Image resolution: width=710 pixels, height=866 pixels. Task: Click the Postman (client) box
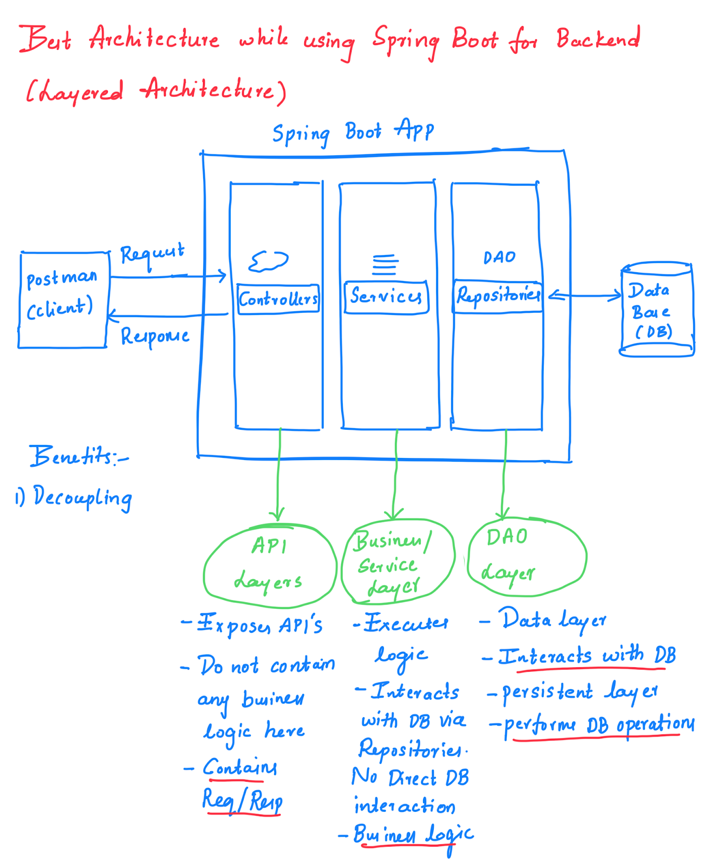63,299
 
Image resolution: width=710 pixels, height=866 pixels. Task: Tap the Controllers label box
278,299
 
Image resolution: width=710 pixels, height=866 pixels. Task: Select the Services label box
386,297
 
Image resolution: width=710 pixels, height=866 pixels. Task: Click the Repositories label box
498,296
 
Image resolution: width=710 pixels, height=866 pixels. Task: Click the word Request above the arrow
152,253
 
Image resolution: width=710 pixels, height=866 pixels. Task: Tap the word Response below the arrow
155,337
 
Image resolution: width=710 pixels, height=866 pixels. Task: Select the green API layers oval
270,565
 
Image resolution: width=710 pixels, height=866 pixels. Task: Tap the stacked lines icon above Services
385,265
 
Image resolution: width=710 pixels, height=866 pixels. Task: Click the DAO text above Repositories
499,258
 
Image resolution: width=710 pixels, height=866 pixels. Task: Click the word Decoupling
82,497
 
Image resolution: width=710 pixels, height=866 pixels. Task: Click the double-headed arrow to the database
585,296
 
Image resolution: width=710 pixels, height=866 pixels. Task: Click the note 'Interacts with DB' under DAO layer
587,657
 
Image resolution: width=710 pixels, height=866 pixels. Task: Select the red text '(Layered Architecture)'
156,91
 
